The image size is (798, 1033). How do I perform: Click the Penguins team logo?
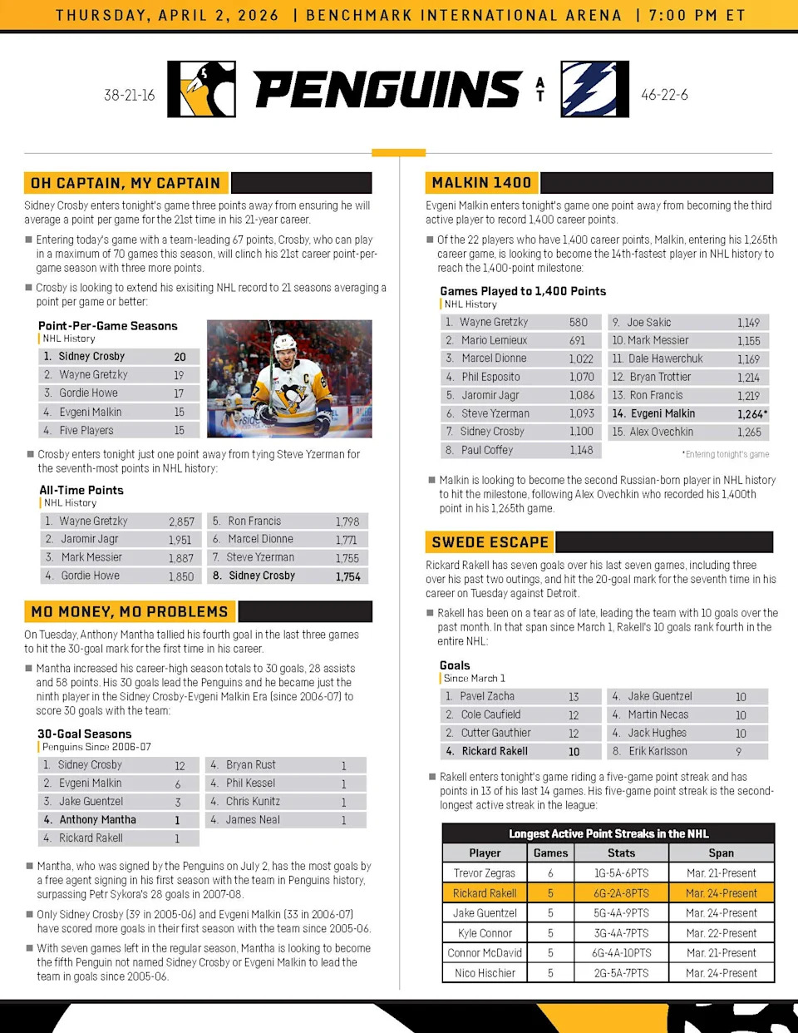pos(201,89)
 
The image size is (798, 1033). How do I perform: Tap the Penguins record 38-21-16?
pos(130,95)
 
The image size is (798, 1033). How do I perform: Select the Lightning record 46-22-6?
pos(664,95)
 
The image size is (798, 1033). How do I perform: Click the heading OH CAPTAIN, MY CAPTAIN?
pos(126,183)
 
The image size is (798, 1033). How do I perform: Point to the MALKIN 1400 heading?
pos(481,183)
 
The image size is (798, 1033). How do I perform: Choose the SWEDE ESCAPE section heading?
pos(490,542)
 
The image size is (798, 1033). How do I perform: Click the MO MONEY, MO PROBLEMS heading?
pos(130,612)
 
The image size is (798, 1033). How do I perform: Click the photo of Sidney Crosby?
pos(288,379)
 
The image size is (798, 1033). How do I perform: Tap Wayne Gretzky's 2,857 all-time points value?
pos(181,521)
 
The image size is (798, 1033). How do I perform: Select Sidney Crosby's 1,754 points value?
pos(347,576)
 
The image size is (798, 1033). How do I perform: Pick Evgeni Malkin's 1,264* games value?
pos(751,413)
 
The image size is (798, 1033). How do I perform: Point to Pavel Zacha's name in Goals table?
pos(487,696)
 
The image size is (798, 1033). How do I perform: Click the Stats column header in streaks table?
pos(621,853)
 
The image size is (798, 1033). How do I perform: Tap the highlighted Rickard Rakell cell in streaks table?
pos(485,893)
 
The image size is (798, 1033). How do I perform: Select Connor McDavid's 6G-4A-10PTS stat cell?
pos(621,953)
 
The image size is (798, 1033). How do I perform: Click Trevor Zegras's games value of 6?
pos(550,873)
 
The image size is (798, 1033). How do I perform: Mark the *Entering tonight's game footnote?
pos(725,454)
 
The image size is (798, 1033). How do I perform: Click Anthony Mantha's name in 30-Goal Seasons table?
pos(97,819)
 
